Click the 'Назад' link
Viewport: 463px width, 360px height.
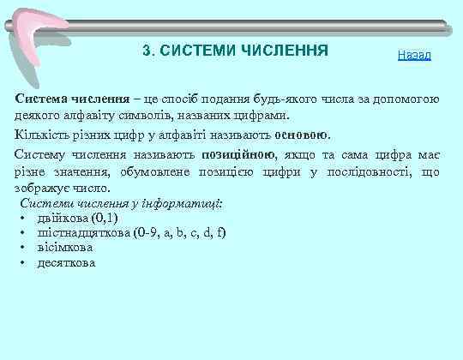tap(414, 56)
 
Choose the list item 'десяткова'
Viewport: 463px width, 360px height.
tap(66, 262)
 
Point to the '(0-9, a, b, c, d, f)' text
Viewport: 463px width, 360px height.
tap(180, 233)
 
